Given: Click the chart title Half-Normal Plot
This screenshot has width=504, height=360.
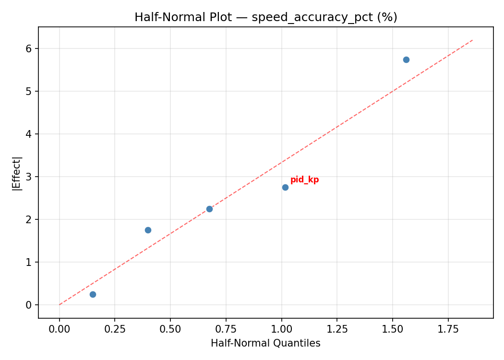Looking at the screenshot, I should pyautogui.click(x=265, y=17).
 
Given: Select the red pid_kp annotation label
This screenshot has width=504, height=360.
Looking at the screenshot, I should pyautogui.click(x=304, y=180).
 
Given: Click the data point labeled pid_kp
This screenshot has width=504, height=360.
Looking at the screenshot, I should pyautogui.click(x=285, y=187).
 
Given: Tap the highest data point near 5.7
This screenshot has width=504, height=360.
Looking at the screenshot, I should pyautogui.click(x=406, y=60).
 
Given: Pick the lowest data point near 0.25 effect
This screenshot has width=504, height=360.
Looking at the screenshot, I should pyautogui.click(x=93, y=294).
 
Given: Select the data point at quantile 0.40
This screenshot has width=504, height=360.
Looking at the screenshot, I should pyautogui.click(x=148, y=230).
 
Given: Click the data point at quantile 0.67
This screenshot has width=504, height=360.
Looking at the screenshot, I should pyautogui.click(x=209, y=209).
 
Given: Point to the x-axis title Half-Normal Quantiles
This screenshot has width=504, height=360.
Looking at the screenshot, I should pyautogui.click(x=265, y=343).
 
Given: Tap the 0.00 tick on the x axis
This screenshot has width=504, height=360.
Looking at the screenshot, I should pyautogui.click(x=60, y=330).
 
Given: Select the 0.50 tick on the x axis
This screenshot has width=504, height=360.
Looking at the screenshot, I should pyautogui.click(x=170, y=330).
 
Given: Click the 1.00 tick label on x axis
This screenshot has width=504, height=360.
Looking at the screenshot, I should pyautogui.click(x=281, y=330).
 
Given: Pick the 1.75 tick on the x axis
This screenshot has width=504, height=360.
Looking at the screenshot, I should pyautogui.click(x=448, y=330).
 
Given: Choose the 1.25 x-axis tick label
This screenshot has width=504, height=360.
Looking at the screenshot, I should pyautogui.click(x=337, y=330).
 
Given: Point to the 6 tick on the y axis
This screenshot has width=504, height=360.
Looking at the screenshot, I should pyautogui.click(x=29, y=48).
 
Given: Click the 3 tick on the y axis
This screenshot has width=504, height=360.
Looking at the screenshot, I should pyautogui.click(x=29, y=177).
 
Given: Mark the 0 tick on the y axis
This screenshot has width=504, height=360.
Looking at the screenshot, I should pyautogui.click(x=29, y=305).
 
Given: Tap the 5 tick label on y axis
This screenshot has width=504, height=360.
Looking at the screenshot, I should pyautogui.click(x=29, y=91).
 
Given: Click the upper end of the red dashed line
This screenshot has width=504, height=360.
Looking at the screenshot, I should pyautogui.click(x=473, y=40).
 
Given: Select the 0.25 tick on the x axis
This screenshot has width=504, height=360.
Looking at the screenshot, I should pyautogui.click(x=115, y=330).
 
